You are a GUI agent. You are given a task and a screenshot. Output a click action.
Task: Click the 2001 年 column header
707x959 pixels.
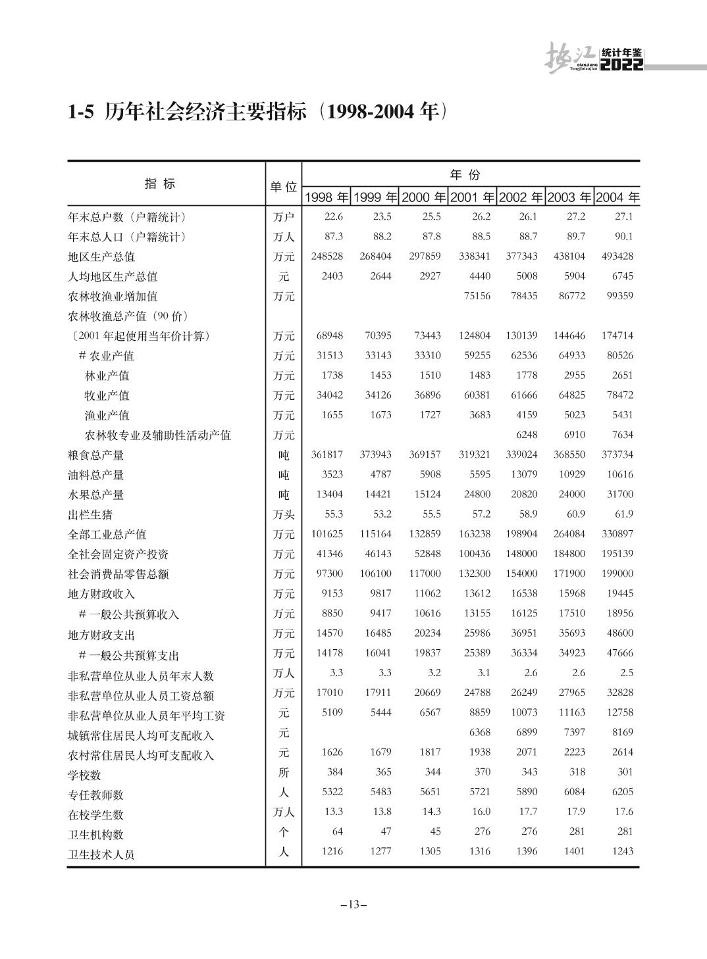(472, 197)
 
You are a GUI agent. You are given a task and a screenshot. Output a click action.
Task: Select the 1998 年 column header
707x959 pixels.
(327, 197)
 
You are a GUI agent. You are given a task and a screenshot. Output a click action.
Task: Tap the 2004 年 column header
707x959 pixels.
(617, 197)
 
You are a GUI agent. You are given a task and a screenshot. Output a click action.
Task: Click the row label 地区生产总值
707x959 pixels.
(101, 257)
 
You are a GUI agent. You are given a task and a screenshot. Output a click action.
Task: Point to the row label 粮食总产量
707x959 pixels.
(96, 455)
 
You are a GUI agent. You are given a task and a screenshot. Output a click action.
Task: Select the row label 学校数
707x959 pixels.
(85, 775)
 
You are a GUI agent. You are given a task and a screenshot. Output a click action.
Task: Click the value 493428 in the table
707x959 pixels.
(617, 256)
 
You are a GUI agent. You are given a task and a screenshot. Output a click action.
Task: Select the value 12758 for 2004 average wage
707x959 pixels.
(617, 712)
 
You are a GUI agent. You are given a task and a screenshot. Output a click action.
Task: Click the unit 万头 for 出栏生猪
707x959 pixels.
(284, 514)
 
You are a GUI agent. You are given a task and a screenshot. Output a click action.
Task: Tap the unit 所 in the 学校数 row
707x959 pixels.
(284, 772)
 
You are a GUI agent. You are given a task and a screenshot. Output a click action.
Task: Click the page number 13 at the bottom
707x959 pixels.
(353, 904)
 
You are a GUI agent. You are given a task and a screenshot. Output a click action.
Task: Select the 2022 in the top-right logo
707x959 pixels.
(621, 65)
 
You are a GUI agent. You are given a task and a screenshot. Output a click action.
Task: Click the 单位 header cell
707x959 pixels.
(284, 187)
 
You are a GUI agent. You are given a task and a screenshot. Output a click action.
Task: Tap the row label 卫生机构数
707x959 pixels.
(96, 835)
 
